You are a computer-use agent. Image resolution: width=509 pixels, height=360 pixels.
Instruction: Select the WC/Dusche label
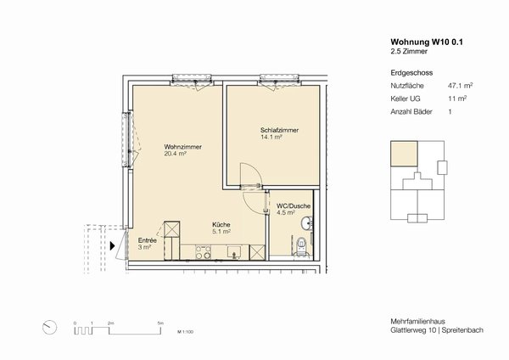tap(281, 209)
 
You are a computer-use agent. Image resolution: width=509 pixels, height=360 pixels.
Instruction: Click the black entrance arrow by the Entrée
tap(113, 247)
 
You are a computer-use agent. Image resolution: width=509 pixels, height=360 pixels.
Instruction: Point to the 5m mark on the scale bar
tap(160, 323)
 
